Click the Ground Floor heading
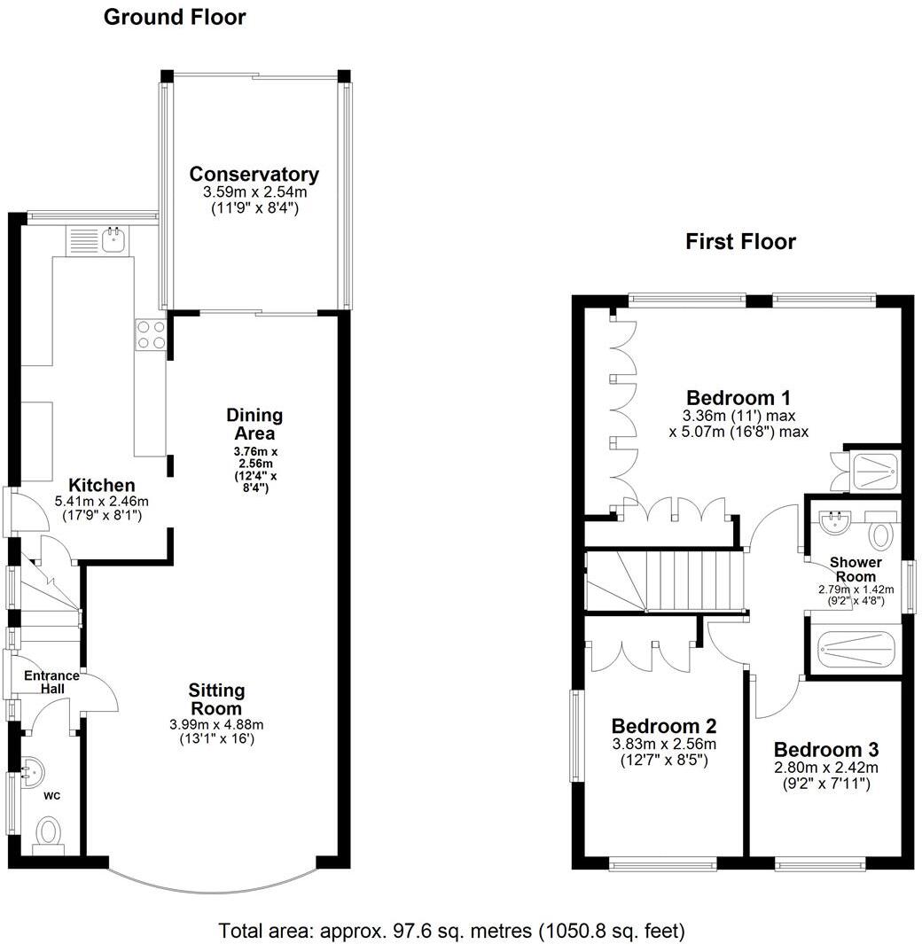tap(175, 17)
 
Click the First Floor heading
tap(740, 241)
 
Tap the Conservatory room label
tap(254, 174)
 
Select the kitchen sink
tap(113, 238)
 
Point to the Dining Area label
tap(254, 424)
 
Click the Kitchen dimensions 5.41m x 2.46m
tap(102, 501)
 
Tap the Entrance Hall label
tap(51, 682)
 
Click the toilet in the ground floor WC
tap(49, 834)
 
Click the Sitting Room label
tap(216, 699)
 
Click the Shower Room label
tap(855, 569)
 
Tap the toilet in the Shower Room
tap(880, 534)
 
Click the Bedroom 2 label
tap(663, 726)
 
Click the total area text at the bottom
tap(452, 931)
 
